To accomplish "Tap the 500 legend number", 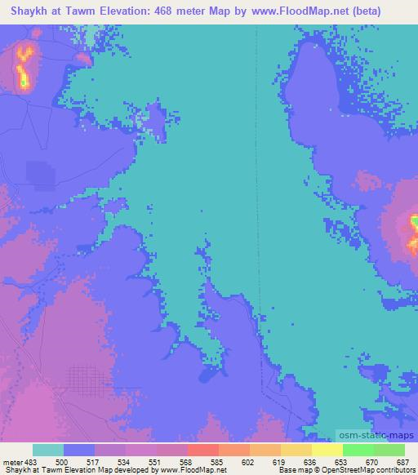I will [x=62, y=461].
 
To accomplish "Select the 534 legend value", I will [x=123, y=461].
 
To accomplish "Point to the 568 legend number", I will [x=185, y=461].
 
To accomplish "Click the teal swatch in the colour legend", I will [x=47, y=450].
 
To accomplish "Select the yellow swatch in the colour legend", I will [x=327, y=450].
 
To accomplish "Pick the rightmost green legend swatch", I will [x=389, y=450].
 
